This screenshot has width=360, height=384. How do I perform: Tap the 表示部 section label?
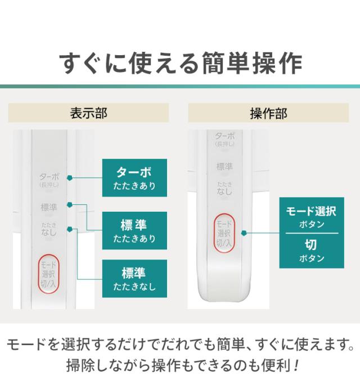click(88, 113)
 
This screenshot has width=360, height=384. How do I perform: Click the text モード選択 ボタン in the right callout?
click(310, 217)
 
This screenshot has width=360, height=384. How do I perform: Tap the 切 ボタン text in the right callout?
click(310, 251)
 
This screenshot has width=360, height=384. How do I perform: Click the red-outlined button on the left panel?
click(48, 273)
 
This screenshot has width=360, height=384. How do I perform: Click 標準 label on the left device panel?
click(49, 207)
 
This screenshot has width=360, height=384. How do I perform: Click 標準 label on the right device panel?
click(225, 167)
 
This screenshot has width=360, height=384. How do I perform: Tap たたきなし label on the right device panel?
click(225, 190)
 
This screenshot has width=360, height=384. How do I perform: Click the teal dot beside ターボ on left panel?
click(69, 178)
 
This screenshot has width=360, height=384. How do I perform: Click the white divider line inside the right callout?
click(310, 233)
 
